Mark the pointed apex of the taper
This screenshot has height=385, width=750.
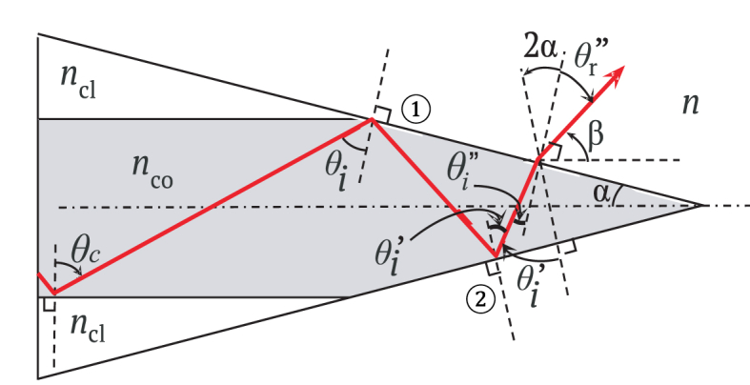coord(702,204)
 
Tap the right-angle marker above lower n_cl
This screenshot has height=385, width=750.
coord(48,304)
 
